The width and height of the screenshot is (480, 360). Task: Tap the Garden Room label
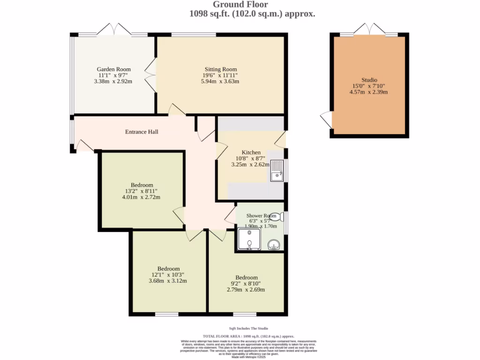(113, 69)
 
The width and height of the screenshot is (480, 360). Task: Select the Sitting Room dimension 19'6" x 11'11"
(220, 75)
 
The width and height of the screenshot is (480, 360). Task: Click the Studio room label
(369, 80)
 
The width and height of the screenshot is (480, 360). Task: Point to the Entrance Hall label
(142, 132)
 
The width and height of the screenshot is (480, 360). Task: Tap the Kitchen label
(251, 152)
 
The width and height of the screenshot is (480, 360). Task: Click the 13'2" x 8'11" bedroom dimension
(141, 191)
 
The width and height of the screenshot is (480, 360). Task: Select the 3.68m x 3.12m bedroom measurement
(167, 281)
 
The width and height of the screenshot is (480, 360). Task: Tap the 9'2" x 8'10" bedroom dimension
(247, 284)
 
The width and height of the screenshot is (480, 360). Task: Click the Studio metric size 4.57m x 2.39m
(369, 92)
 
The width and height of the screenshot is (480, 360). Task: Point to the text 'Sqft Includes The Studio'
(248, 329)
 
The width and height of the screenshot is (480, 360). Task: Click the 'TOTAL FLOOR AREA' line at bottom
(248, 336)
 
